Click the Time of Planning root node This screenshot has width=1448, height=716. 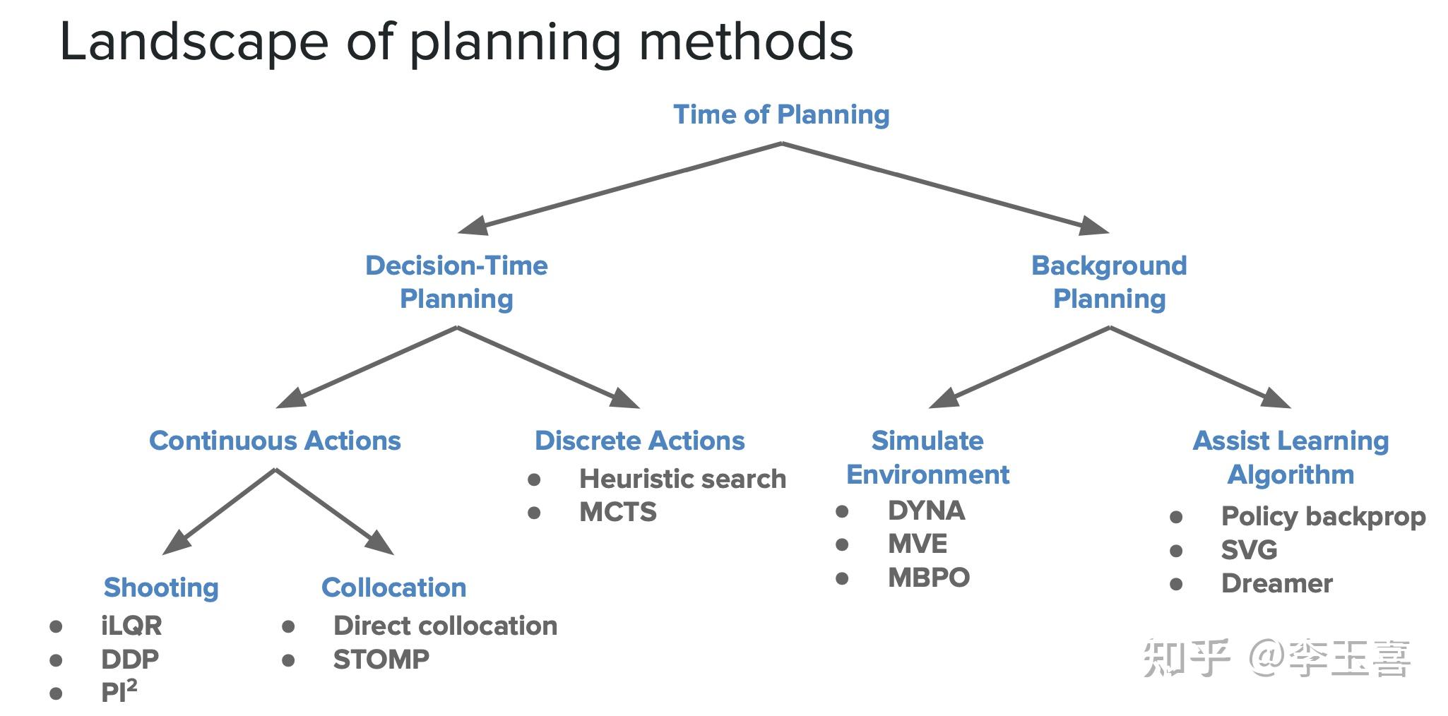pos(781,114)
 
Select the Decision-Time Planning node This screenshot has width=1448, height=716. pos(456,282)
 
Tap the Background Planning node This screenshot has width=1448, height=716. pos(1109,282)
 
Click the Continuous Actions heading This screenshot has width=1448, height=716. pos(275,441)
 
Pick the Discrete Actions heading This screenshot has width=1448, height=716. pos(639,441)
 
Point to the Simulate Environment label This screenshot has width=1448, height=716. pos(927,458)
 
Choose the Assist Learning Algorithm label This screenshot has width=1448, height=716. pos(1290,458)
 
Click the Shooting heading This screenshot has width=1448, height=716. pos(161,587)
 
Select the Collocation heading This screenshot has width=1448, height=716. pos(393,587)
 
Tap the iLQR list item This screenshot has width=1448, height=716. pos(131,626)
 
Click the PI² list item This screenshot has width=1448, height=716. pos(119,692)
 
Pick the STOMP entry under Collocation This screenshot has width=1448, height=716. pos(381,660)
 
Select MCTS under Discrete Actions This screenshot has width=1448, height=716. pos(617,512)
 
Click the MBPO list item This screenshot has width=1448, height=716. pos(928,578)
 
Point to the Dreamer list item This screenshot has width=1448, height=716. pos(1276,583)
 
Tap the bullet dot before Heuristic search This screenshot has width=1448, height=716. pos(534,480)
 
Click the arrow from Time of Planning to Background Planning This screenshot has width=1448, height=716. pos(946,187)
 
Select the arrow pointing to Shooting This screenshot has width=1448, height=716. pos(219,512)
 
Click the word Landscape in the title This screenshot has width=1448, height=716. pos(194,42)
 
